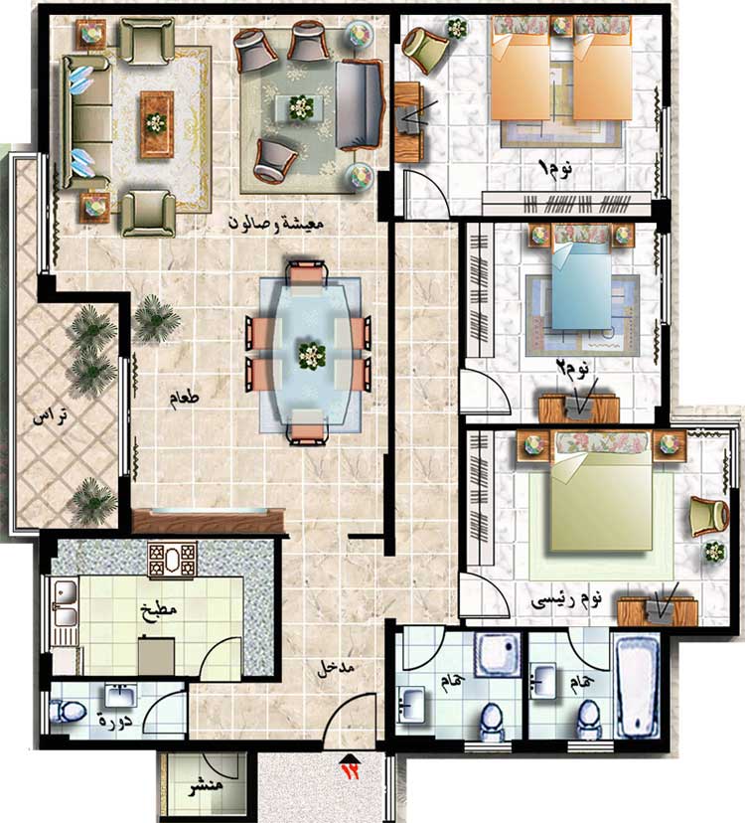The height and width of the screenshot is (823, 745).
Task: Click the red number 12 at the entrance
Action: pos(351,771)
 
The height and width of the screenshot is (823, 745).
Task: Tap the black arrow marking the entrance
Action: pos(350,759)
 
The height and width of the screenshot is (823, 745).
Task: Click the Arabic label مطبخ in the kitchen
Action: pos(159,611)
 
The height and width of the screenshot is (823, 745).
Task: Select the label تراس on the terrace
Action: pos(51,417)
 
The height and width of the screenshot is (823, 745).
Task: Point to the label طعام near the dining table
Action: pos(184,398)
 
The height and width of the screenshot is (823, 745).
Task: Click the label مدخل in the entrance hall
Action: pos(336,668)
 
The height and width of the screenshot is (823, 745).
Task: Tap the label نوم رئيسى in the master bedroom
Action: pos(566,600)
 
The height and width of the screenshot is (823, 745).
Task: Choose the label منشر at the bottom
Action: pos(207,786)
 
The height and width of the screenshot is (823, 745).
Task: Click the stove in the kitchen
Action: pos(172,560)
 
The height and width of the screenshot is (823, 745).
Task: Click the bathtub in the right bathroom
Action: pos(637,685)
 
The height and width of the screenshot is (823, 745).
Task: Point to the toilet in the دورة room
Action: pos(68,712)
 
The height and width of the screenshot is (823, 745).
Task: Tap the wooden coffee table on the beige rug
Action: pos(156,124)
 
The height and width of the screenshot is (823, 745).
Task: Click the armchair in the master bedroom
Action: pos(709,516)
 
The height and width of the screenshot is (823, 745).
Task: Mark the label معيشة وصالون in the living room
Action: pos(276,223)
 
